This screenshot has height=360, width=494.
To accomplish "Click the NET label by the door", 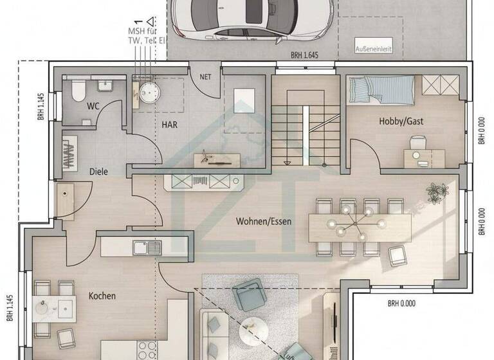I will (x=206, y=76).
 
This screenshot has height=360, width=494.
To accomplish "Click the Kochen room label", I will (x=102, y=296).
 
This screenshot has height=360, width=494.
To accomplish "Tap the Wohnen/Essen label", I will (x=264, y=221).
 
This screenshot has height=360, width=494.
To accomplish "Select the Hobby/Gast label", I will (x=401, y=121).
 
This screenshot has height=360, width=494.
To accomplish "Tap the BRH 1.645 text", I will (x=305, y=56).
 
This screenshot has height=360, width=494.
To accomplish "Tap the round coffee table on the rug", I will (x=252, y=332).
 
